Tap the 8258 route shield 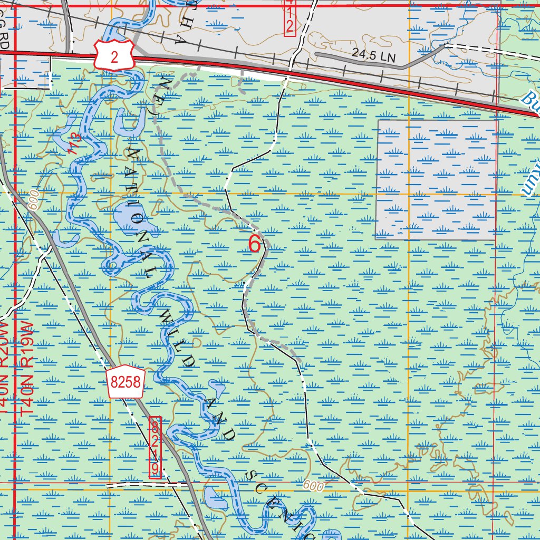pos(127,382)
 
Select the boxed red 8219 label pos(155,447)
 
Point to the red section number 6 pos(254,244)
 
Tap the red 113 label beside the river pos(73,143)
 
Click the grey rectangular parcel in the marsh pos(436,179)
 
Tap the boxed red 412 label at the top pos(289,17)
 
